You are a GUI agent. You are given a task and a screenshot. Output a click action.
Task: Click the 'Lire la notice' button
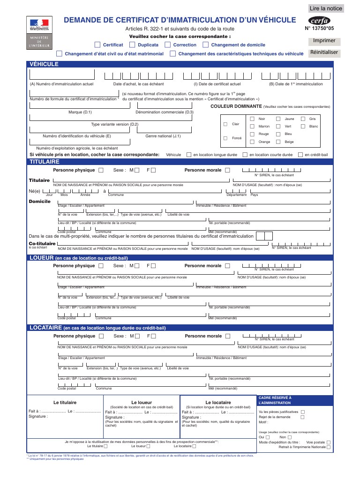click(326, 8)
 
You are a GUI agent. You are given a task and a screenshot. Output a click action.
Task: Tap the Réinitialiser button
click(324, 52)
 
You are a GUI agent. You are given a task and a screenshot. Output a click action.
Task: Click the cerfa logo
click(320, 21)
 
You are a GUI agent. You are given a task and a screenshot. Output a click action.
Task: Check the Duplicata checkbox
click(132, 45)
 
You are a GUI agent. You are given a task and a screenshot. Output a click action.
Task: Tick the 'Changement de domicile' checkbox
click(205, 45)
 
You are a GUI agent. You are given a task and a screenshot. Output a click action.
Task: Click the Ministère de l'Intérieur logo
click(39, 33)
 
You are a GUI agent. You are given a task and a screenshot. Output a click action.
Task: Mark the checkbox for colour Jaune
click(278, 119)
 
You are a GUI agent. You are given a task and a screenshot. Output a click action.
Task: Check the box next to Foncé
click(225, 138)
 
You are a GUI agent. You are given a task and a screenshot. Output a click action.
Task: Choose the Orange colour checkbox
click(252, 142)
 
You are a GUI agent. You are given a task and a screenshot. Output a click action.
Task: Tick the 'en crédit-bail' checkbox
click(300, 155)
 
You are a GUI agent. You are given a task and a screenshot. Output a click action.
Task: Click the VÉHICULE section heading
click(44, 64)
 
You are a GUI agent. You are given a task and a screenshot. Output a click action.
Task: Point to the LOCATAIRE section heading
click(46, 328)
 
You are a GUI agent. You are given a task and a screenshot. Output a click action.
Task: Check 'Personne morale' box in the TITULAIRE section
click(227, 170)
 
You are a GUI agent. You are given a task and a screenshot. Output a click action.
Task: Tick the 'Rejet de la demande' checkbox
click(302, 417)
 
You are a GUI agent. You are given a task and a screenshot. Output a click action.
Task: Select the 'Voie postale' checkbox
click(328, 442)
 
